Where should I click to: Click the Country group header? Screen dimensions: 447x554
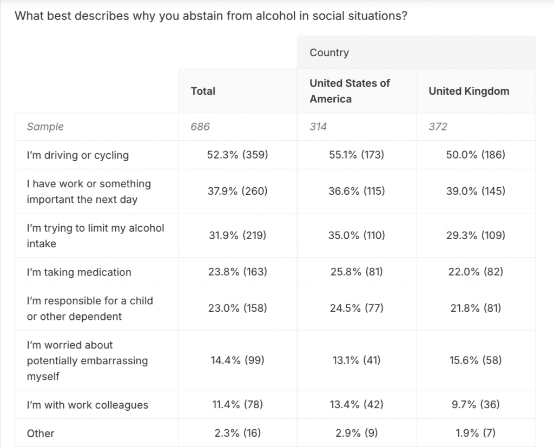pos(329,52)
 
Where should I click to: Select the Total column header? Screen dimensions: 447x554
pos(203,91)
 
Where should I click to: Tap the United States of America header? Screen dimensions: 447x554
pos(349,91)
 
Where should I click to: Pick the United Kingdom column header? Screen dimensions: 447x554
pos(469,91)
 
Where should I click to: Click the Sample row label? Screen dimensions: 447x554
pos(45,127)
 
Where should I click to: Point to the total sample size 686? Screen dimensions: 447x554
pos(200,127)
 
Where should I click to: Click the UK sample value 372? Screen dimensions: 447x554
pos(438,127)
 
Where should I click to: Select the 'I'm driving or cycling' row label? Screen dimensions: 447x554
pos(78,155)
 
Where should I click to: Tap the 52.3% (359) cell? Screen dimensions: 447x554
pos(238,155)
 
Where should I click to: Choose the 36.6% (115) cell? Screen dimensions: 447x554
pos(357,191)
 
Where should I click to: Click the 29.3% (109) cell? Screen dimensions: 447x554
pos(476,235)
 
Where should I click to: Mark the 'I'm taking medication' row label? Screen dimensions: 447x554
pos(79,272)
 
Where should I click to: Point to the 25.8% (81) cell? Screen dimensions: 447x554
pos(357,272)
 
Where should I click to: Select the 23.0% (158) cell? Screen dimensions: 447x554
pos(238,308)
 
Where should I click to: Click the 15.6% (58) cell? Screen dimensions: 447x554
pos(476,360)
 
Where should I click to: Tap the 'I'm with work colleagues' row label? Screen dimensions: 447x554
pos(87,405)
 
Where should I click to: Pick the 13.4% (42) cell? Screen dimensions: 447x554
pos(357,404)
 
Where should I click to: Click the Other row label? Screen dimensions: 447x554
pos(41,433)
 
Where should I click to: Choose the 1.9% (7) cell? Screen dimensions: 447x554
pos(476,433)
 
